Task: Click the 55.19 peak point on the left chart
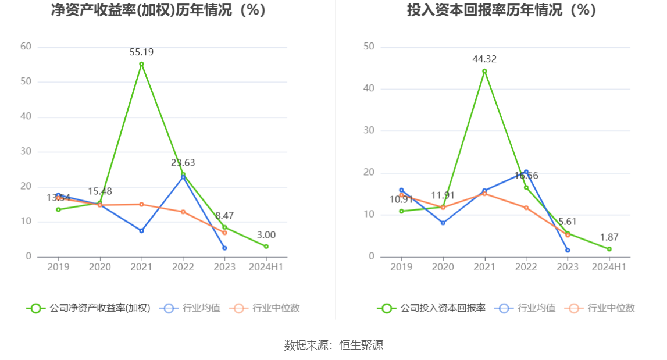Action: tap(141, 64)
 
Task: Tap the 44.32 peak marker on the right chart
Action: tap(484, 71)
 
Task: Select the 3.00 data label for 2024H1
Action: tap(266, 235)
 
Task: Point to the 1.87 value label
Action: tap(609, 237)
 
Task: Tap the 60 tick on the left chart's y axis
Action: tap(26, 47)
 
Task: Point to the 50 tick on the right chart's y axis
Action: tap(369, 47)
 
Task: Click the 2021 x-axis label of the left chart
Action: tap(141, 267)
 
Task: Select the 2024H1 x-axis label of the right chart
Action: tap(609, 267)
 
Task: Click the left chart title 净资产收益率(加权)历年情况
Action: tap(159, 10)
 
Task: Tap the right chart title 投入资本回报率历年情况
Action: tap(502, 10)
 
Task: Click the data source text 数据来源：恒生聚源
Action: tap(333, 345)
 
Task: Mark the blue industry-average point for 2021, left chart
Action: tap(141, 231)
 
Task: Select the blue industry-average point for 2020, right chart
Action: tap(443, 223)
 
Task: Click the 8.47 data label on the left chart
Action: tap(224, 216)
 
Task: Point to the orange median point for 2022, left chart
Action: tap(183, 212)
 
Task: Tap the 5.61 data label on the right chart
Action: tap(568, 222)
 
